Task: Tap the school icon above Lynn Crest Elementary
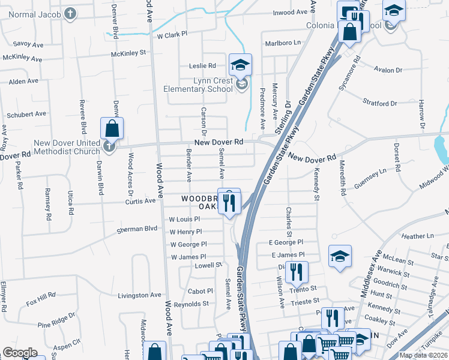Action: coord(240,64)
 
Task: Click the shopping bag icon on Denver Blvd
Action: coord(112,128)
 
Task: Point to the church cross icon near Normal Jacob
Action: coord(70,13)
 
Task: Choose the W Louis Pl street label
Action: coord(184,220)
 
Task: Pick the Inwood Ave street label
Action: coord(291,12)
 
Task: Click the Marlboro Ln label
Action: coord(283,43)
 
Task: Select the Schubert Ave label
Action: coord(26,114)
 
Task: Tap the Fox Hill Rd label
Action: coord(41,296)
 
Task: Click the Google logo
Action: coord(20,353)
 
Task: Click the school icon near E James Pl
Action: coord(339,256)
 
